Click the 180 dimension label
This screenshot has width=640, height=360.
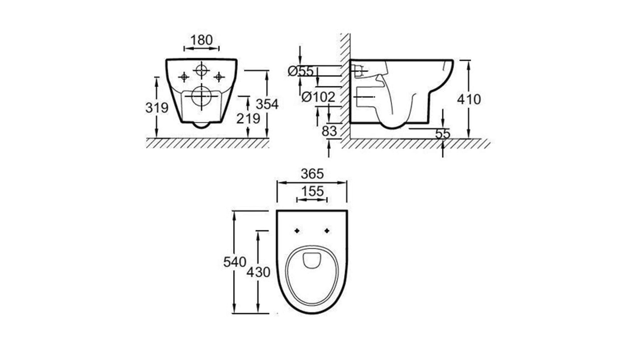coord(201,40)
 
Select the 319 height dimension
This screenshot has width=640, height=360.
coord(157,108)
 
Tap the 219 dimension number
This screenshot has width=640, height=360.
coord(248,119)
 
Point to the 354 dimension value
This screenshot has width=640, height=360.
coord(267,104)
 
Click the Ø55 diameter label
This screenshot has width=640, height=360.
coord(301,71)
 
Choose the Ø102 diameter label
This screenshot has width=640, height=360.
coord(318,97)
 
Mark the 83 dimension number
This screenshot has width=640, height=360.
coord(329,131)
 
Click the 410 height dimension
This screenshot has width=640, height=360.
coord(469,99)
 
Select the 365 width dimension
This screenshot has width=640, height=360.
coord(312,174)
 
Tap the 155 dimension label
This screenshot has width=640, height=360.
coord(312,191)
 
